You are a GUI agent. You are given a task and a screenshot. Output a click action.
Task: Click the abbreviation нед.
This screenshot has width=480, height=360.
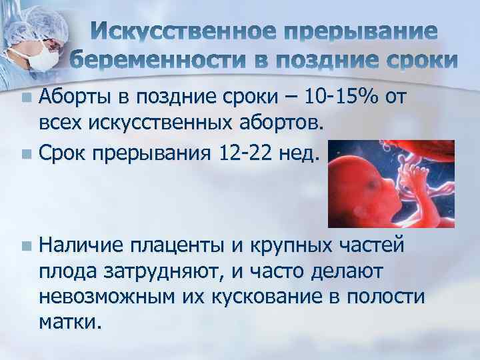[x=301, y=154]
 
